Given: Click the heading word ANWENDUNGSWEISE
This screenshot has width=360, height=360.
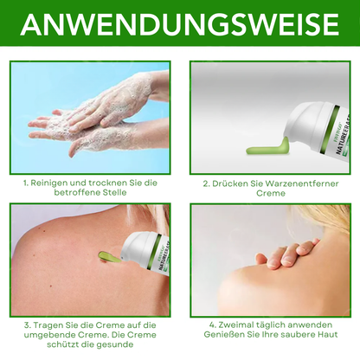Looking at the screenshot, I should pyautogui.click(x=180, y=25).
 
